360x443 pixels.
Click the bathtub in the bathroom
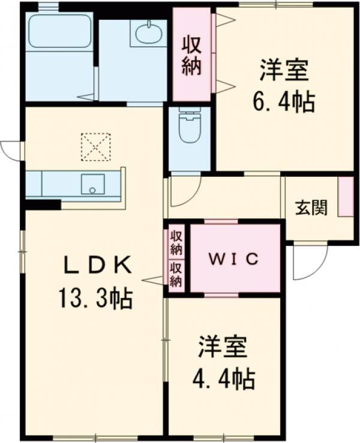(59, 31)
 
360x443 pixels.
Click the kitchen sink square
(93, 184)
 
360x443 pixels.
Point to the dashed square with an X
(95, 147)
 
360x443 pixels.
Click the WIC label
(233, 258)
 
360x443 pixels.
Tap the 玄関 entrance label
(311, 207)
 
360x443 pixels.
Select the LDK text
(98, 265)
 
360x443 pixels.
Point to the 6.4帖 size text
(284, 102)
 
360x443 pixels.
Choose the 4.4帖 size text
(224, 379)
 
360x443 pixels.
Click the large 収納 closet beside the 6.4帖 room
(192, 54)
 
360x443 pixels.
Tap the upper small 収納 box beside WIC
(176, 243)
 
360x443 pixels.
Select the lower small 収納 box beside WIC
(176, 275)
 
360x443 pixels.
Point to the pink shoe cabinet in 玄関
(346, 197)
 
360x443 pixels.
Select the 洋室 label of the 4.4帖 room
(223, 346)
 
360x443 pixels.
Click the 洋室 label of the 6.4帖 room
(284, 69)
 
